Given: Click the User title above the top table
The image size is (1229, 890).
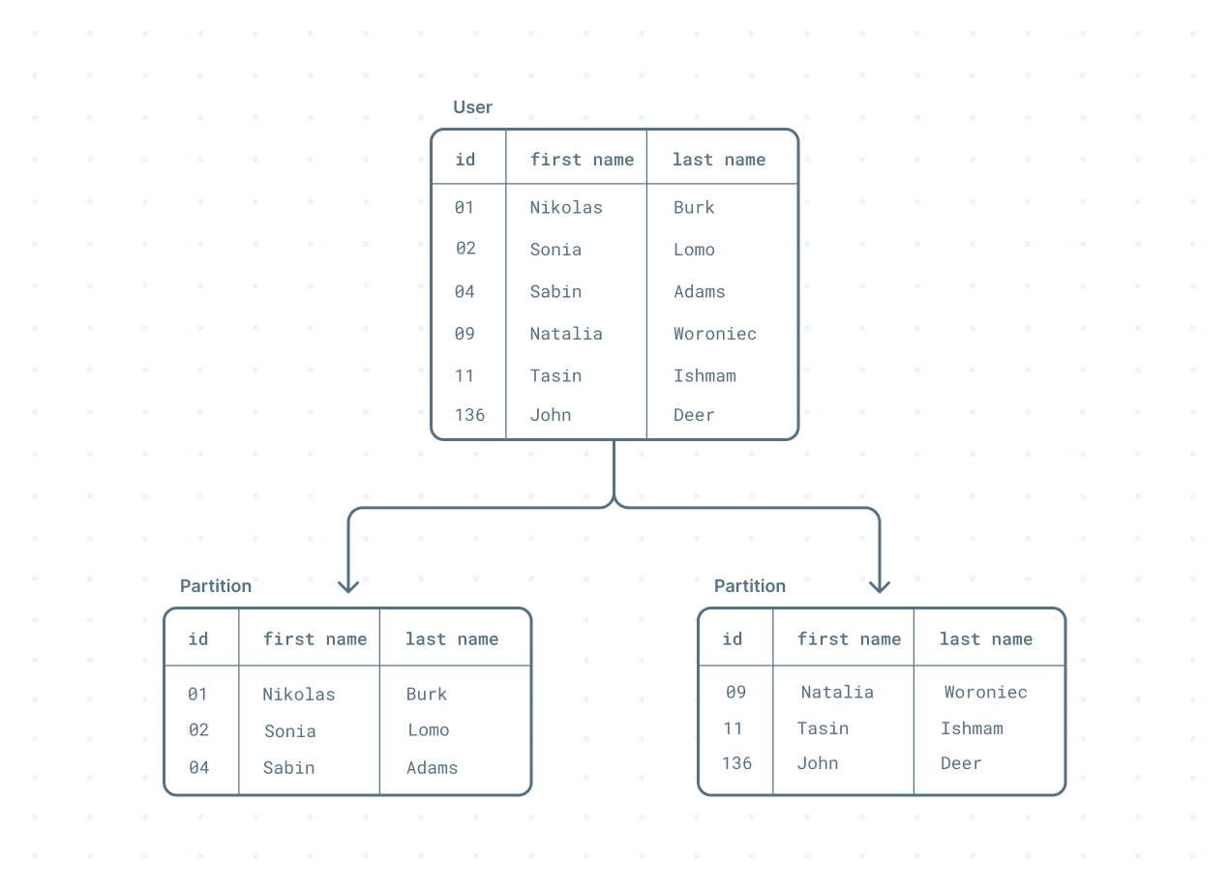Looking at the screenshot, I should pyautogui.click(x=472, y=107).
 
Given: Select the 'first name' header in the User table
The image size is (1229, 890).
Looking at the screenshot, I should pyautogui.click(x=582, y=160).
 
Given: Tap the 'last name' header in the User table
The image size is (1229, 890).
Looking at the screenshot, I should pyautogui.click(x=718, y=160).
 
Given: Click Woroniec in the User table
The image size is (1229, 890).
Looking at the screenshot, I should pyautogui.click(x=715, y=334).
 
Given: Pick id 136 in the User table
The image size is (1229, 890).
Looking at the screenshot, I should pyautogui.click(x=469, y=415).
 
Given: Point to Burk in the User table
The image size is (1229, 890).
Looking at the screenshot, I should pyautogui.click(x=694, y=207).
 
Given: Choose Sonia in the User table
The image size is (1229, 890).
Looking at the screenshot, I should pyautogui.click(x=555, y=250).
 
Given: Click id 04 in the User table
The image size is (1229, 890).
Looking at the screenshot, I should pyautogui.click(x=465, y=291).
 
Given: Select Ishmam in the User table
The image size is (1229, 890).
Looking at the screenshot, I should pyautogui.click(x=704, y=375).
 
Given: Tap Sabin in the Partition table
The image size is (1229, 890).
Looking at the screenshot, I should pyautogui.click(x=288, y=768).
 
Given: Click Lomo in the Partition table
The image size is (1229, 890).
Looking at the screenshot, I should pyautogui.click(x=428, y=730).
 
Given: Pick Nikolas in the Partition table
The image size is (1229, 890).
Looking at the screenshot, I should pyautogui.click(x=298, y=695).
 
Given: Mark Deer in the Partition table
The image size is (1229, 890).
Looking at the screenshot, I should pyautogui.click(x=961, y=763).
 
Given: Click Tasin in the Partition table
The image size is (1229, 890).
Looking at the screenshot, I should pyautogui.click(x=823, y=728).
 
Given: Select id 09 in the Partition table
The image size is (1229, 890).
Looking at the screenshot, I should pyautogui.click(x=735, y=692).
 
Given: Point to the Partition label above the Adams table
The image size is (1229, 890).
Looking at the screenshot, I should pyautogui.click(x=216, y=586).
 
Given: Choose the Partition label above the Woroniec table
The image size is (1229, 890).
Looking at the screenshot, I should pyautogui.click(x=750, y=586).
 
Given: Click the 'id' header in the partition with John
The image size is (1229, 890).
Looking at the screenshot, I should pyautogui.click(x=733, y=638).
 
